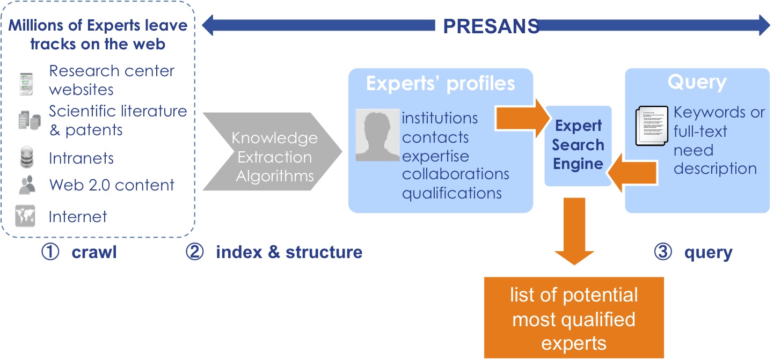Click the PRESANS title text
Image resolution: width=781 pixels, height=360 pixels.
491,26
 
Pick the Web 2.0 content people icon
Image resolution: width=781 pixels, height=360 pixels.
27,186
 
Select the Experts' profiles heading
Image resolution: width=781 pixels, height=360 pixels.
440,84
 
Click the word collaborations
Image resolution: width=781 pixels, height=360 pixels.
456,174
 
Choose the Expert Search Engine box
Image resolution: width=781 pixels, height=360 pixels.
579,145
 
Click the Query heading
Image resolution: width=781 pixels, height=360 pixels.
696,82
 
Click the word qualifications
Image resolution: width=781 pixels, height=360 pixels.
452,193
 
